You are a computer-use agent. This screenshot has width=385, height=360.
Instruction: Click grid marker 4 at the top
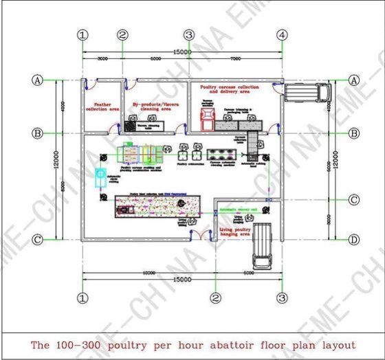click(x=282, y=34)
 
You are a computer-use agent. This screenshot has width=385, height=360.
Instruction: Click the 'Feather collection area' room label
click(x=102, y=106)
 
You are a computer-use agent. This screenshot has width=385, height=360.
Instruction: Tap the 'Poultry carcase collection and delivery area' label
click(x=230, y=90)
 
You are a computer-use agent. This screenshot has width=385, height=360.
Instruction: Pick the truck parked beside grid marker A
click(x=303, y=92)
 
